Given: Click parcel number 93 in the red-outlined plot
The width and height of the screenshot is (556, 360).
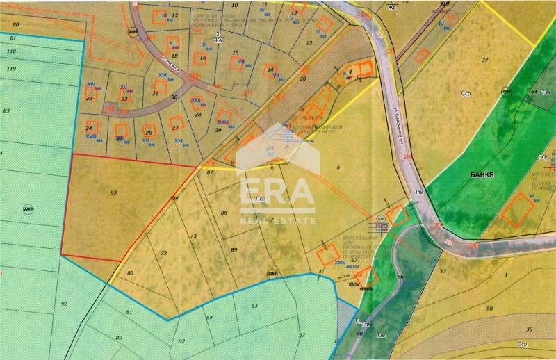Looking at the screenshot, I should (113, 191).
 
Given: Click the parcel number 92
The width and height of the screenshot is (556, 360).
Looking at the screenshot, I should (64, 304).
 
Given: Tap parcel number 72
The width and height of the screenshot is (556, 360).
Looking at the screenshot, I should (164, 253).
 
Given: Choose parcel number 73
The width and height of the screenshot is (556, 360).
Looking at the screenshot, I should (194, 236).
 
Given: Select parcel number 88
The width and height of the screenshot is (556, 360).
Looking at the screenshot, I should (224, 213).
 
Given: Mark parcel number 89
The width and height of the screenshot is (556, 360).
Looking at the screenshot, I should (234, 249).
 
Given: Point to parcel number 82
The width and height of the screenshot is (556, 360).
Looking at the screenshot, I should (181, 341).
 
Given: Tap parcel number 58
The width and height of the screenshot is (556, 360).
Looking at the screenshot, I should (489, 308).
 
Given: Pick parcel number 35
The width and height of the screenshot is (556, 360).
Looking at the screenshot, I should (530, 329).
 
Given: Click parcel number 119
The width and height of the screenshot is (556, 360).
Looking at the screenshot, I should (10, 69).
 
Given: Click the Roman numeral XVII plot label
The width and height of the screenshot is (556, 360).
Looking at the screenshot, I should (163, 74).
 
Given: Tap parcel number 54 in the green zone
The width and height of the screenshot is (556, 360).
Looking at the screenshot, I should (534, 92).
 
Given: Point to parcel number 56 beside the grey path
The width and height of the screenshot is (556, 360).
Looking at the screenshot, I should (400, 277).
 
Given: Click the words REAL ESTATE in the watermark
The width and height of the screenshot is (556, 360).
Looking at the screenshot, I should (277, 220).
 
